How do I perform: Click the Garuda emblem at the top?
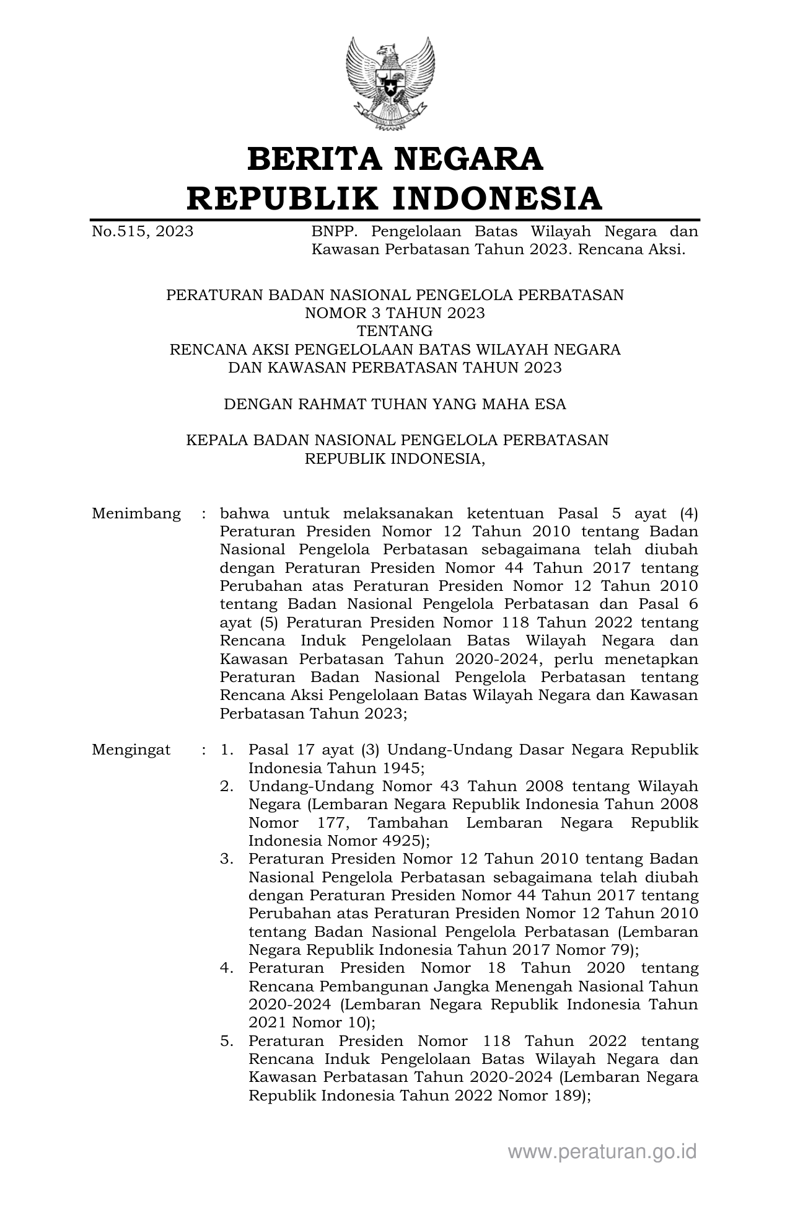pos(390,84)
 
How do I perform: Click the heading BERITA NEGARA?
pos(395,159)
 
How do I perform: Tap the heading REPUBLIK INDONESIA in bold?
pos(395,198)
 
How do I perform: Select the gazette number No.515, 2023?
pos(143,232)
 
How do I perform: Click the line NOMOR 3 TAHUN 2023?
pos(395,313)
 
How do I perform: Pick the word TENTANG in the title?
pos(395,331)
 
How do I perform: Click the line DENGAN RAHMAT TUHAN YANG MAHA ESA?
pos(395,404)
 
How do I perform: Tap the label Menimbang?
pos(136,514)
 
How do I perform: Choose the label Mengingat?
pos(131,750)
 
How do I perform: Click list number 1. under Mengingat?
pos(227,750)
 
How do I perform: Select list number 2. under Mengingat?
pos(227,786)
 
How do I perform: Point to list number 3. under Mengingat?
pos(227,859)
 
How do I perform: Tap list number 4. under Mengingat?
pos(227,968)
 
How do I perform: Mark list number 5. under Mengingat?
pos(227,1041)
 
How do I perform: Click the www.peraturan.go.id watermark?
pos(602,1152)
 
